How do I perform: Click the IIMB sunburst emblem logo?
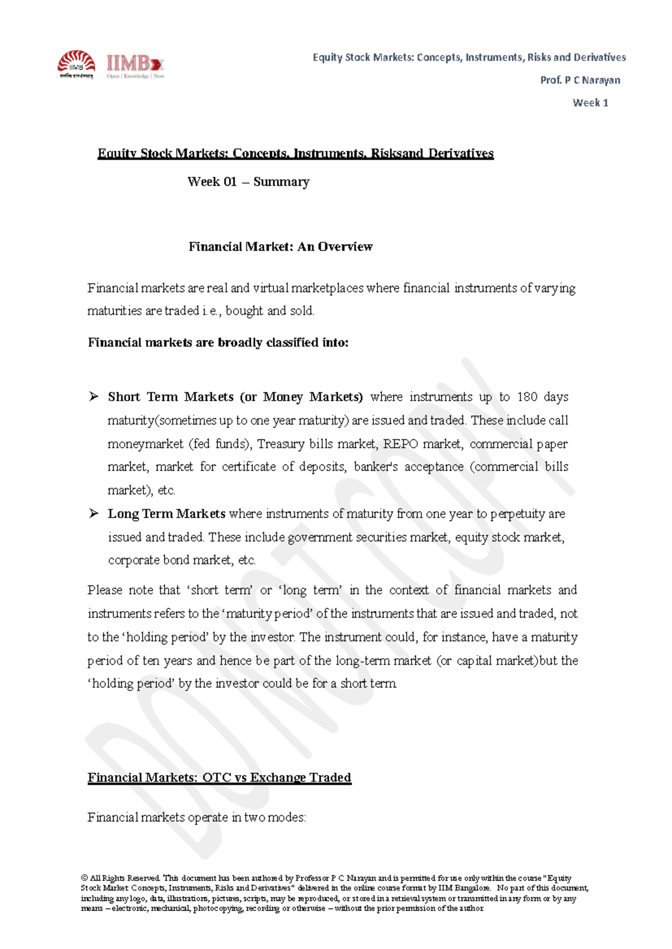click(77, 63)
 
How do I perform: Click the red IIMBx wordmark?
click(134, 63)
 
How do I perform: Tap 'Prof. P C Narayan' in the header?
click(580, 80)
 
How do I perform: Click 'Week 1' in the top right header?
click(590, 102)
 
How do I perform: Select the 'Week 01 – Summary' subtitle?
click(248, 182)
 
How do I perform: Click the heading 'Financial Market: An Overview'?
click(280, 247)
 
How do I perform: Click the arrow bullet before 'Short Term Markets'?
click(94, 397)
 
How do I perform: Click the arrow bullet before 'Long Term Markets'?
click(94, 513)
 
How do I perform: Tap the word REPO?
click(400, 444)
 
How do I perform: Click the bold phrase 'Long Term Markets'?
click(166, 514)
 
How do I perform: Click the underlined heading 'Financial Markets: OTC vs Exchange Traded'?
click(219, 777)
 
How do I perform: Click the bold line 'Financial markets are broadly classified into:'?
click(218, 342)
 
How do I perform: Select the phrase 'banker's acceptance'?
click(408, 467)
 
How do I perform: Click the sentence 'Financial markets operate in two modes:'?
click(197, 818)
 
